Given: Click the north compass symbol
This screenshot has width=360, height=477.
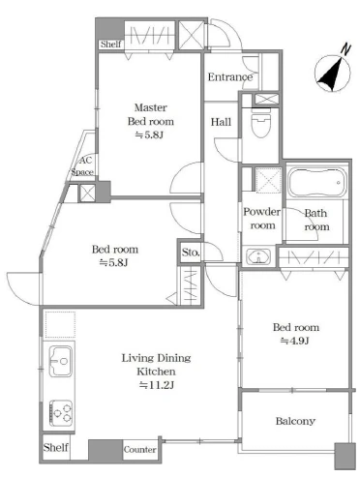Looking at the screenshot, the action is click(333, 72).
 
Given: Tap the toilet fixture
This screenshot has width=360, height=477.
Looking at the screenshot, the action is click(260, 125).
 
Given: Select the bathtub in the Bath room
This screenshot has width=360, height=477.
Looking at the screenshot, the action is click(316, 183).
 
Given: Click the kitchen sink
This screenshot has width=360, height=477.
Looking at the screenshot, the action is click(60, 361).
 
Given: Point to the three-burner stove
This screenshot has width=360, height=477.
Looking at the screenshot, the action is click(61, 413).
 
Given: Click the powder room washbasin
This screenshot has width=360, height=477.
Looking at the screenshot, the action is click(258, 257).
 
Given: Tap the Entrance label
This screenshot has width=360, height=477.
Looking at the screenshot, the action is click(230, 77).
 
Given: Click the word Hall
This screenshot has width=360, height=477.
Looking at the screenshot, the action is click(221, 122).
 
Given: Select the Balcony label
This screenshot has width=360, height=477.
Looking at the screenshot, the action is click(295, 421).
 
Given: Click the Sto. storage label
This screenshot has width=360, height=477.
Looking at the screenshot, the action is click(191, 252).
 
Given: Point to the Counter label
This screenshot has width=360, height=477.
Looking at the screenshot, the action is click(139, 449).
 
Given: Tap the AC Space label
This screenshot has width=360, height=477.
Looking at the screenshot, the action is click(83, 166).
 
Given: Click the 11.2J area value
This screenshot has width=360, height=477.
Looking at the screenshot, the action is click(157, 385).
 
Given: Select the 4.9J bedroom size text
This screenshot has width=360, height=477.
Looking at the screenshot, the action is click(295, 341).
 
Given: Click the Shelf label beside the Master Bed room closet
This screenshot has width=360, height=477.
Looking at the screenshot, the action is click(110, 44).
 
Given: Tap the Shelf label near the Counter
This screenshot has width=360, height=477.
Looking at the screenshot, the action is click(55, 447).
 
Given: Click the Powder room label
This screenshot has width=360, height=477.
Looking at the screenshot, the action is click(261, 219).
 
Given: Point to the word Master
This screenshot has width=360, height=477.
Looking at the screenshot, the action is click(151, 107).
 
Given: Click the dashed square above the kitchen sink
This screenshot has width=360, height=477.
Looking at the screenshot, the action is click(60, 324).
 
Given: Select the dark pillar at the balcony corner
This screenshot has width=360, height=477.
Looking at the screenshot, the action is click(345, 456).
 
